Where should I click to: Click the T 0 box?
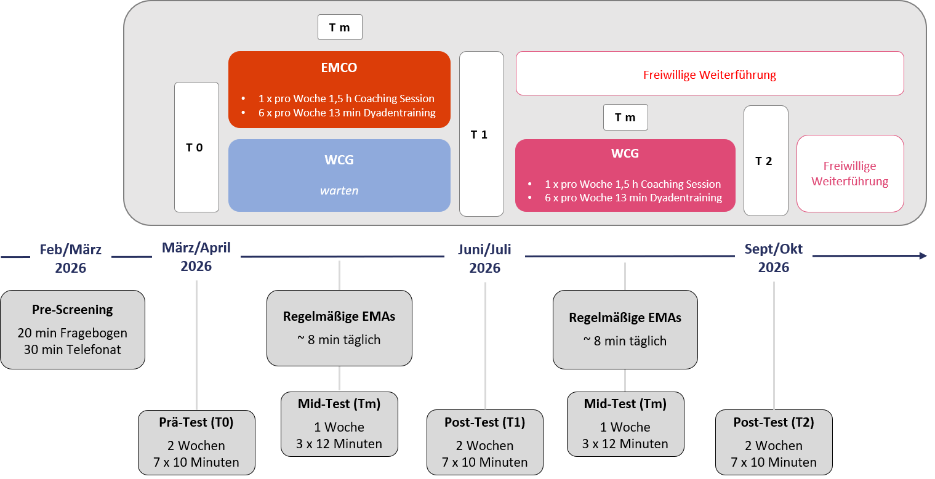click(196, 147)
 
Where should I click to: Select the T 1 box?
click(481, 134)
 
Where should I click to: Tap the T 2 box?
click(766, 161)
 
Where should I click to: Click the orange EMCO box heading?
click(339, 68)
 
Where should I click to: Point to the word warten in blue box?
click(339, 190)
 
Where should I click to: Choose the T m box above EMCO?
click(340, 27)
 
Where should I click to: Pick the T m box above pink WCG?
click(625, 118)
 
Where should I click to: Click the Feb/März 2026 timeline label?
click(71, 259)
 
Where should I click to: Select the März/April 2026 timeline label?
click(196, 257)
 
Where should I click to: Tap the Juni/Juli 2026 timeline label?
click(485, 259)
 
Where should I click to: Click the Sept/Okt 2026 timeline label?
click(774, 258)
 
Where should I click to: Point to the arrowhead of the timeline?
click(923, 256)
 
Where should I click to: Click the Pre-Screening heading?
click(72, 310)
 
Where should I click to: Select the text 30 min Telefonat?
click(72, 350)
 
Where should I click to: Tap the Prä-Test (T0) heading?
click(196, 422)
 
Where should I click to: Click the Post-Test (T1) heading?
click(485, 422)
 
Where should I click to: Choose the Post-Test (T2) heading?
click(774, 422)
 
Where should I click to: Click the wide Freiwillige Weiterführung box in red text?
click(710, 74)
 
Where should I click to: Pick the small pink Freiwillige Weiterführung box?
click(850, 174)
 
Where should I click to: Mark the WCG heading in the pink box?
click(625, 153)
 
